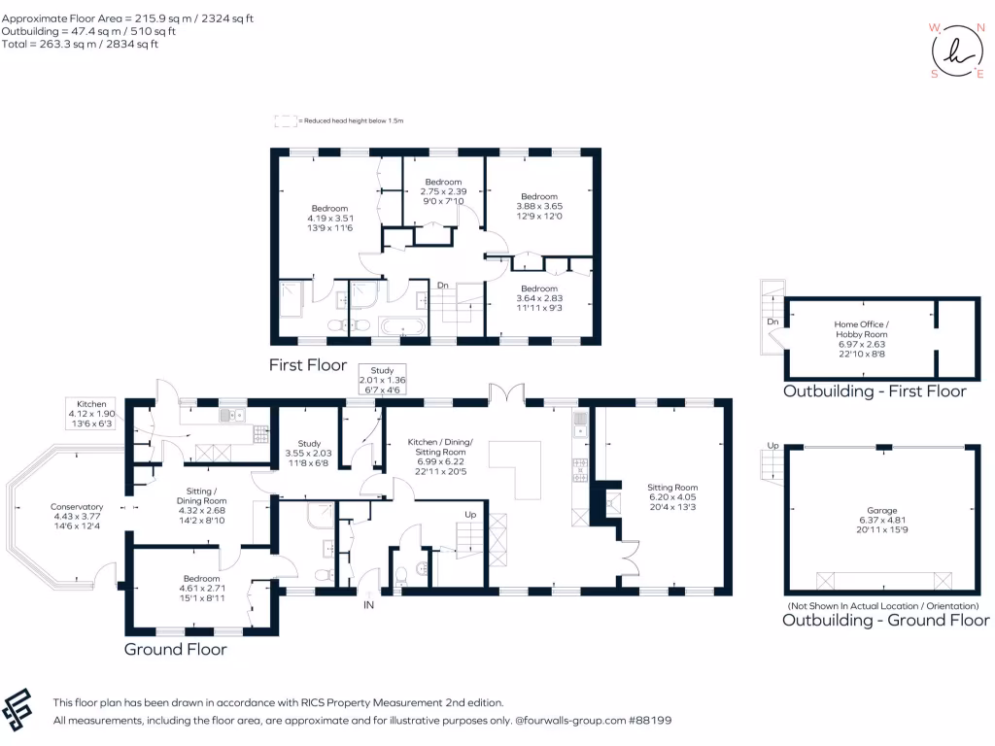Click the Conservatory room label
pyautogui.click(x=77, y=515)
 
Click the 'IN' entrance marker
pyautogui.click(x=369, y=605)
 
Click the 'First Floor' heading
pyautogui.click(x=308, y=366)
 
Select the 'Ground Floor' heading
pyautogui.click(x=176, y=649)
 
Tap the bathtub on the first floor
pyautogui.click(x=400, y=326)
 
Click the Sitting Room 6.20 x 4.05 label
pyautogui.click(x=672, y=496)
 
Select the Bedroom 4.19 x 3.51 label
pyautogui.click(x=329, y=219)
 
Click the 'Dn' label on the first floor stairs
pyautogui.click(x=442, y=286)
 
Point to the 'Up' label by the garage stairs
pyautogui.click(x=772, y=445)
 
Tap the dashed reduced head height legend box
pyautogui.click(x=286, y=120)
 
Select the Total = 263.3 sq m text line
pyautogui.click(x=80, y=45)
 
